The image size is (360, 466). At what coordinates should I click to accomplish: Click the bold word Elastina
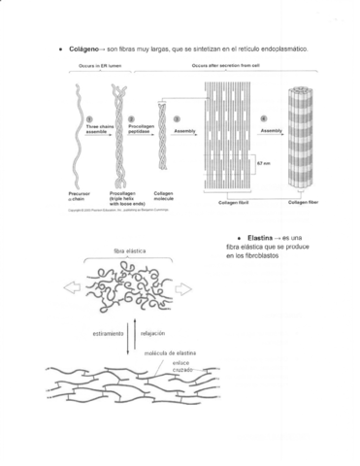pyautogui.click(x=259, y=238)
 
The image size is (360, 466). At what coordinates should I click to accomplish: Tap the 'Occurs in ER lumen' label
pyautogui.click(x=99, y=65)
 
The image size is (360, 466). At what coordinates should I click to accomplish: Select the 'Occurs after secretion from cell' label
pyautogui.click(x=224, y=65)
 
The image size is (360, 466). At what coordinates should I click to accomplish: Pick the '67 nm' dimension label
pyautogui.click(x=263, y=163)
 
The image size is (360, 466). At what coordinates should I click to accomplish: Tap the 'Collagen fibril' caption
pyautogui.click(x=232, y=203)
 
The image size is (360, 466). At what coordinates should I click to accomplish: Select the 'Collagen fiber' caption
pyautogui.click(x=304, y=202)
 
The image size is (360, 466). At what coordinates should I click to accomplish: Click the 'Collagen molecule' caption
pyautogui.click(x=162, y=196)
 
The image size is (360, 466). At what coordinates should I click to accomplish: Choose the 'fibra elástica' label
pyautogui.click(x=129, y=251)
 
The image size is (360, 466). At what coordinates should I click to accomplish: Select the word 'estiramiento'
pyautogui.click(x=110, y=333)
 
